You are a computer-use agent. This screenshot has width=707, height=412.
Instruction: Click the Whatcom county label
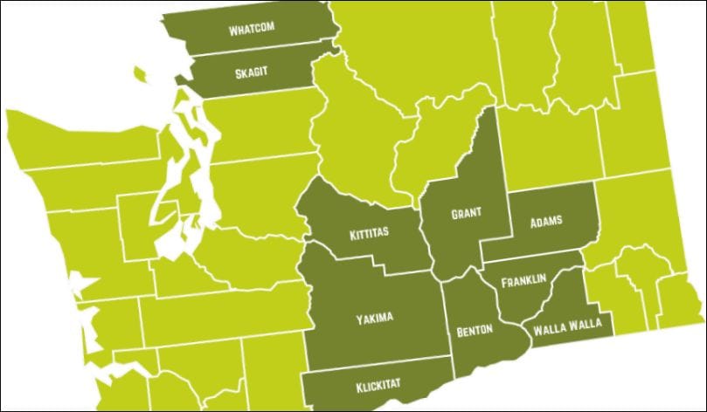[x=251, y=29]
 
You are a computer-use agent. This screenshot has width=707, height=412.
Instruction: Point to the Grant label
[x=466, y=212]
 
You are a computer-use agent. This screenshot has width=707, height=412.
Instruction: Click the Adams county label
[x=546, y=221]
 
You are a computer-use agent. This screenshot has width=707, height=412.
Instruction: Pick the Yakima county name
[x=373, y=318]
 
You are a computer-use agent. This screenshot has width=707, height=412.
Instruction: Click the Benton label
[x=475, y=330]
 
